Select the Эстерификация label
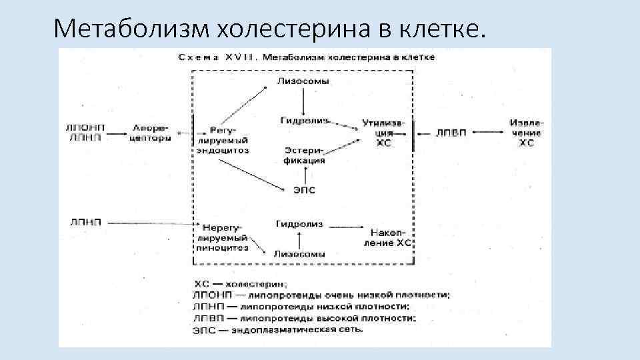(x=304, y=155)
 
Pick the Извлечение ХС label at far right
(x=527, y=133)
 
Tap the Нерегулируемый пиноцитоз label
(x=223, y=237)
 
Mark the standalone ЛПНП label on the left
(x=85, y=222)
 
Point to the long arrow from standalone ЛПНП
(x=150, y=222)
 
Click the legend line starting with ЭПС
(x=278, y=329)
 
